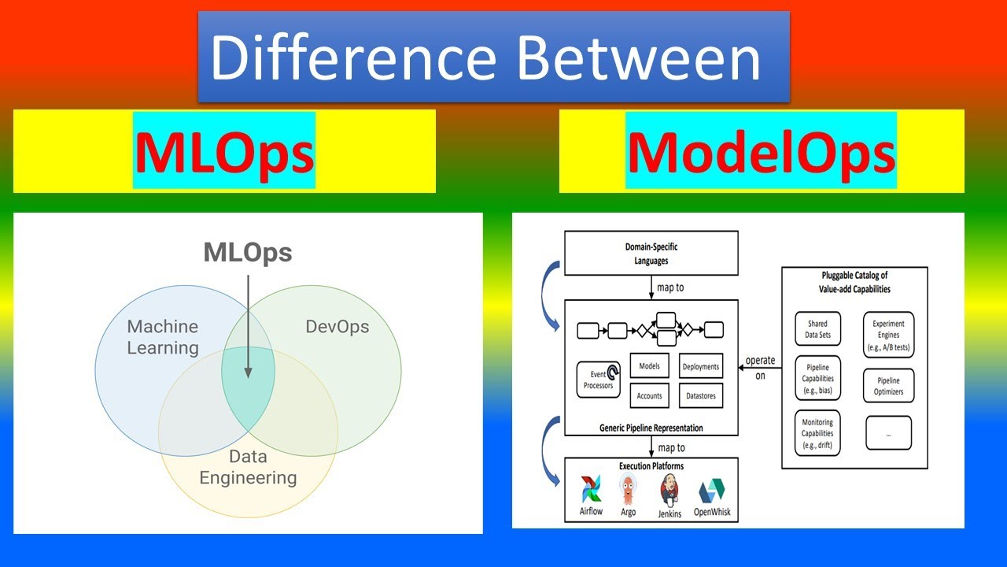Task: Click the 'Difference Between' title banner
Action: [493, 57]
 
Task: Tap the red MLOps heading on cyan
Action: [224, 152]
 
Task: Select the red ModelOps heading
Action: [761, 152]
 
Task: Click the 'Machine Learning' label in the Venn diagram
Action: [163, 337]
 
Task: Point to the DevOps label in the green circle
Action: [337, 327]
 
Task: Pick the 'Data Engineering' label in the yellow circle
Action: [248, 467]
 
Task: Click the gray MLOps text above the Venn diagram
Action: [248, 253]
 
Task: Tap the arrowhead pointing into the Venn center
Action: [248, 372]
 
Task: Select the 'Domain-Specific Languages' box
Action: [651, 253]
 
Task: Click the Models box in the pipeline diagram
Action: [650, 366]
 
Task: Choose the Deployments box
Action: [700, 366]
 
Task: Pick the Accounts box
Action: [650, 395]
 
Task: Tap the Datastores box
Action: [700, 395]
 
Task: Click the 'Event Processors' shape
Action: [599, 380]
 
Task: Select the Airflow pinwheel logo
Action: [592, 490]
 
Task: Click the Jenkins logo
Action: [669, 490]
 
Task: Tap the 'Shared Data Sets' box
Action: [817, 328]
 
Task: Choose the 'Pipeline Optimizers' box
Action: [888, 386]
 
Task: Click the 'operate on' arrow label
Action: [760, 368]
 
